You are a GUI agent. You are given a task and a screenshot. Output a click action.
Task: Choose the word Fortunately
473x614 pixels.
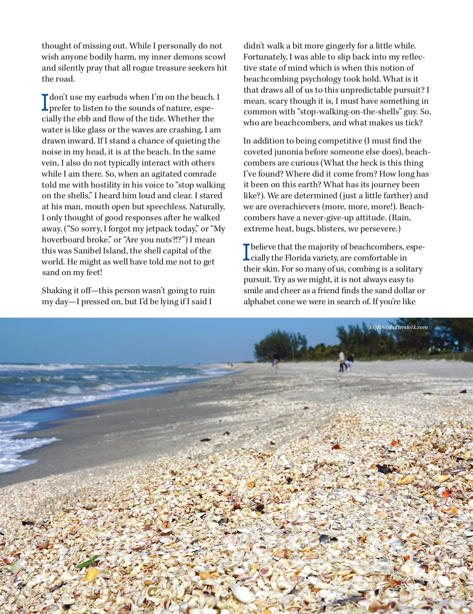(265, 57)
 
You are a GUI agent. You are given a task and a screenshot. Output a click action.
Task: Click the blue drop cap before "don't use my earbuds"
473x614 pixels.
(45, 102)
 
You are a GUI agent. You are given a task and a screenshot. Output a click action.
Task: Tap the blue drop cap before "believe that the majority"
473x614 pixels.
(246, 252)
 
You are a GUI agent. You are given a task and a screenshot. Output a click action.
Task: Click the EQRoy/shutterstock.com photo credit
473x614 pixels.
(398, 327)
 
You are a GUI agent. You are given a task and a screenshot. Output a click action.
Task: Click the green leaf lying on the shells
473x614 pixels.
(88, 561)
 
